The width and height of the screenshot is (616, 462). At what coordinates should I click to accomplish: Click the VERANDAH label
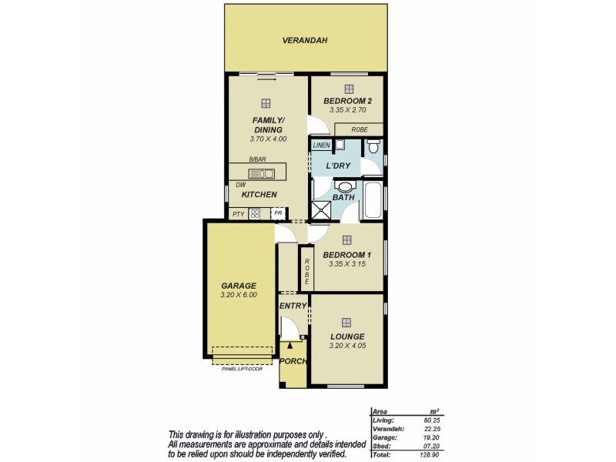click(306, 40)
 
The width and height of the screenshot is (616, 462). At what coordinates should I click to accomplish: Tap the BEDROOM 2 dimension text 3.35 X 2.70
click(347, 111)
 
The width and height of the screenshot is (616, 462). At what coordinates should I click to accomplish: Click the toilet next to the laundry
click(373, 146)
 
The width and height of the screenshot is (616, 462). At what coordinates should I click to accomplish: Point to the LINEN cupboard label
click(321, 145)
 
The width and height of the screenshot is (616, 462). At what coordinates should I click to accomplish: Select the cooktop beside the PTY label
click(254, 213)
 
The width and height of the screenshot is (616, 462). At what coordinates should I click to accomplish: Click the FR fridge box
click(277, 213)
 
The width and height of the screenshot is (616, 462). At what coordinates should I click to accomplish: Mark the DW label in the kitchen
click(241, 186)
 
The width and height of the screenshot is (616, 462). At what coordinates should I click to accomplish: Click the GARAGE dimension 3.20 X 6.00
click(238, 295)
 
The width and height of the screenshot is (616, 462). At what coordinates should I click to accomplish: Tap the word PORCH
click(293, 361)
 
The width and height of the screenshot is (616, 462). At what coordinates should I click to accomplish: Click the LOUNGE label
click(347, 336)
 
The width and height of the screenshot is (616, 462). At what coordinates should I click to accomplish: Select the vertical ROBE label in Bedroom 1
click(306, 268)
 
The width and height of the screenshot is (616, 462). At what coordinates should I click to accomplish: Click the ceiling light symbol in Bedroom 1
click(347, 239)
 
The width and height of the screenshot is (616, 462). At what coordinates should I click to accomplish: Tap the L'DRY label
click(340, 166)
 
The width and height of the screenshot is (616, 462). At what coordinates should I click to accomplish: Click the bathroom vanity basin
click(345, 186)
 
